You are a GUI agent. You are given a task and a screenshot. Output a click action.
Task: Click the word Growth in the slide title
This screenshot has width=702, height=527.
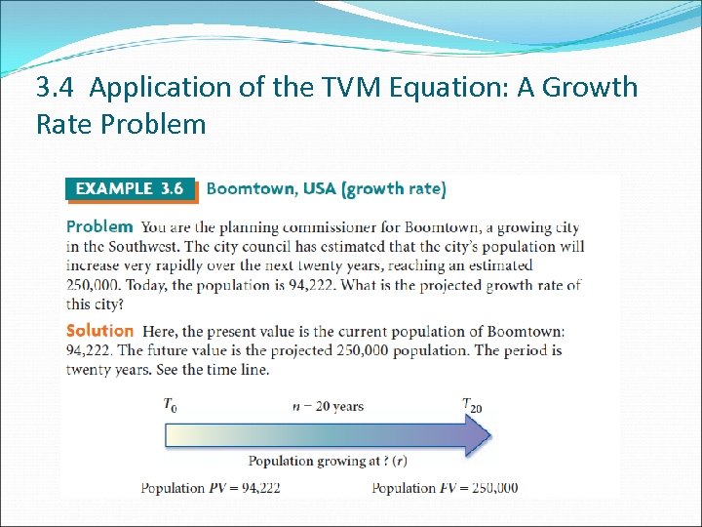point(589,89)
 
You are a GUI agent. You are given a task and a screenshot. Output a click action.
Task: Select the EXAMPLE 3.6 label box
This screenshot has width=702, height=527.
point(130,188)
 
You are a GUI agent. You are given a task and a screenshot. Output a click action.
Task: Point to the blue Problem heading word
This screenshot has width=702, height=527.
point(99,226)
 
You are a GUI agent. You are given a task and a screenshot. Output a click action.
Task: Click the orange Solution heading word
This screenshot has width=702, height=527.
point(99,331)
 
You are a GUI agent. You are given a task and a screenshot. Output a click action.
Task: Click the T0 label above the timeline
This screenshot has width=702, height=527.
point(170,405)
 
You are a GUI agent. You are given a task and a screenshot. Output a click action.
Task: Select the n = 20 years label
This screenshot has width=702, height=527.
point(328,406)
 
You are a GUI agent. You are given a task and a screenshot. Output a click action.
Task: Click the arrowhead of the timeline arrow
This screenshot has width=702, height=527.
point(476,434)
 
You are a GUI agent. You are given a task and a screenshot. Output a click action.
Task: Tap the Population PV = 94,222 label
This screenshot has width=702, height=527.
point(211,488)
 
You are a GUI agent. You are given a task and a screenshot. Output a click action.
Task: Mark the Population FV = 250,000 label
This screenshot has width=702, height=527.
point(445,488)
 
